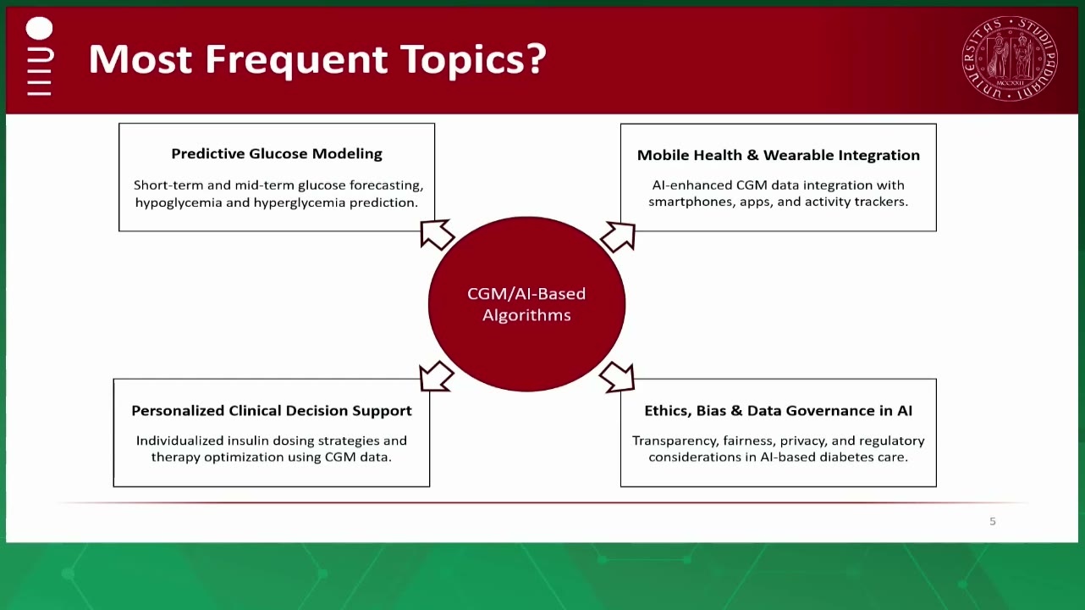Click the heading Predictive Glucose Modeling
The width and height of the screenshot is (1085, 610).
click(277, 153)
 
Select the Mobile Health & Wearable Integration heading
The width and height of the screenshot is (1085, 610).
click(778, 155)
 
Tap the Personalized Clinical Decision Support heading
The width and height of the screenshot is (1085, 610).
click(271, 411)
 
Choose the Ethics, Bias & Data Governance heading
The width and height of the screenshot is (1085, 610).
click(778, 411)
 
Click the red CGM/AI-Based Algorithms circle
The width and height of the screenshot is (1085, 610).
click(526, 304)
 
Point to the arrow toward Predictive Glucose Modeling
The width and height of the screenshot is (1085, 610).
click(437, 235)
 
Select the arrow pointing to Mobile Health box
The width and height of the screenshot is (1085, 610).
click(618, 236)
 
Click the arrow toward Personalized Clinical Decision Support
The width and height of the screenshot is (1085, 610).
click(437, 376)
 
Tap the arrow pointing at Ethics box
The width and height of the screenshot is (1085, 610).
click(617, 377)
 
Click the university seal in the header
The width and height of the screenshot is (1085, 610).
click(1010, 58)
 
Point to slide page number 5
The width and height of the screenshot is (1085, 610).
click(993, 521)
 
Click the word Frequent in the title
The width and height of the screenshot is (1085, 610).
click(296, 59)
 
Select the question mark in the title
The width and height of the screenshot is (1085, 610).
click(537, 58)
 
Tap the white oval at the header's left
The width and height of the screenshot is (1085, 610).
click(39, 28)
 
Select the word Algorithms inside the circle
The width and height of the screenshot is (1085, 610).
click(526, 316)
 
